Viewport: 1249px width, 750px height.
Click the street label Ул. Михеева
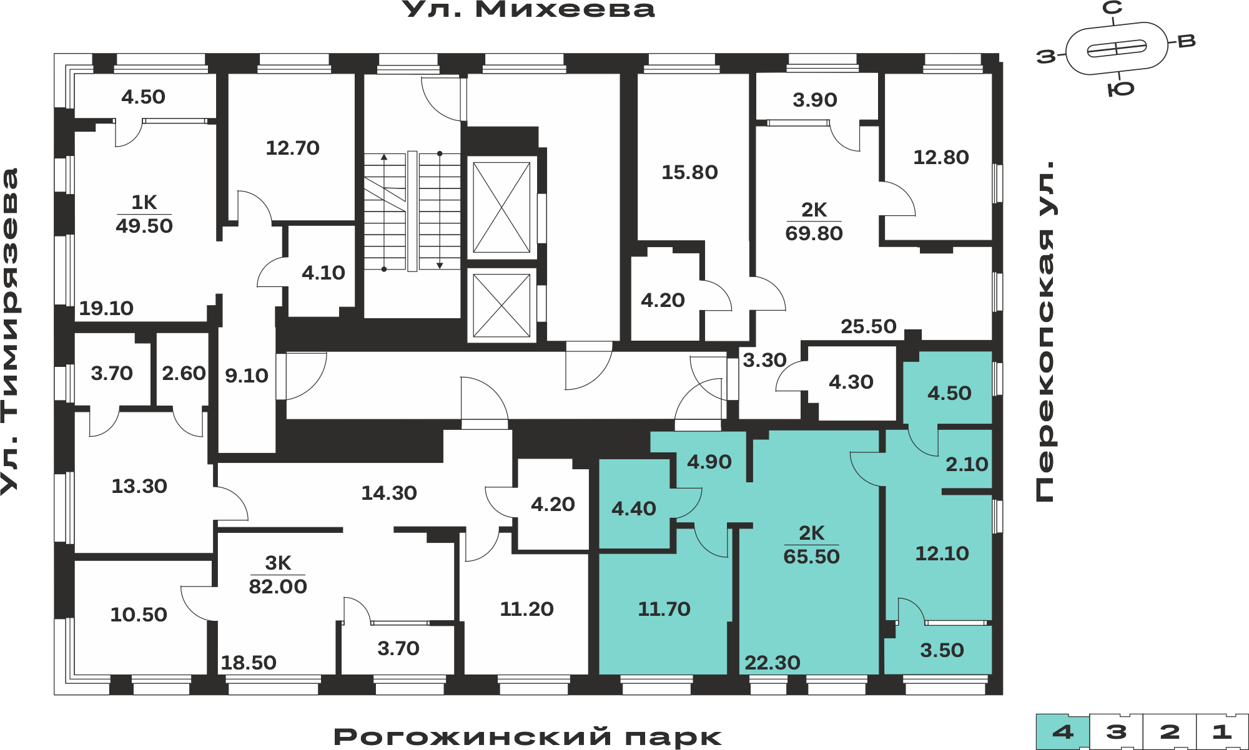pos(528,9)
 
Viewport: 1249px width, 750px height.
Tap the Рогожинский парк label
pos(528,737)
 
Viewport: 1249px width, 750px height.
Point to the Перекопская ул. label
pos(1045,331)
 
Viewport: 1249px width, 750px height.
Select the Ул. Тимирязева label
pos(10,331)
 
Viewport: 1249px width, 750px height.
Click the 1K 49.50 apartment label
pos(144,214)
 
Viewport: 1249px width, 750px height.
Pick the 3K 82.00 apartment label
pos(278,575)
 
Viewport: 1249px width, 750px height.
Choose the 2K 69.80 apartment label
pos(814,222)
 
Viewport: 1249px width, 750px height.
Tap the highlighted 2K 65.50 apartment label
pos(811,545)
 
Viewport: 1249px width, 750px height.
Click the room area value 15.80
pos(689,172)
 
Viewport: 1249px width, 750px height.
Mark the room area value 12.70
pos(292,148)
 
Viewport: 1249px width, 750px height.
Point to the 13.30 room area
pos(139,486)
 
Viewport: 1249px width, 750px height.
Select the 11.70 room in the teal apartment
pos(664,609)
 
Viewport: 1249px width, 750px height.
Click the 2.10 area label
pos(967,464)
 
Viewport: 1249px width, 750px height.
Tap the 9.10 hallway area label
pos(247,376)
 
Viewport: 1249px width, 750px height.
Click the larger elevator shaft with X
pos(501,207)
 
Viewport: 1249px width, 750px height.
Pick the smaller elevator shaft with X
pos(501,306)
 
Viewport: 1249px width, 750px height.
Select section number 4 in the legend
pos(1063,732)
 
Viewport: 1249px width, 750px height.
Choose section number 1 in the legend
pos(1222,732)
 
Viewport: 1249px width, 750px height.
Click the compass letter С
pos(1112,8)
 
